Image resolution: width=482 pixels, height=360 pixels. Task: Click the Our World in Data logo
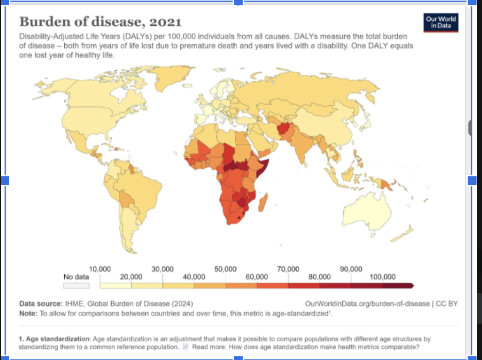pyautogui.click(x=441, y=23)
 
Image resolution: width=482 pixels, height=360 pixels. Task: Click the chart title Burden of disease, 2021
pyautogui.click(x=100, y=21)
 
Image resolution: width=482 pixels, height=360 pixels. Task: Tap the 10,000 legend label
pyautogui.click(x=100, y=269)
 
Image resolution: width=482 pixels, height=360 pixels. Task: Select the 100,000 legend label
pyautogui.click(x=383, y=277)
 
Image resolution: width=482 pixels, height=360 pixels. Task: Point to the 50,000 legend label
pyautogui.click(x=226, y=269)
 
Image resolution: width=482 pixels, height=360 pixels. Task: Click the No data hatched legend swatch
pyautogui.click(x=76, y=285)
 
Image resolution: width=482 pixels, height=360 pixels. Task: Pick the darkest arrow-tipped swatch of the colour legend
pyautogui.click(x=398, y=285)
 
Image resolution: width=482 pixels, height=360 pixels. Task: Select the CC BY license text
pyautogui.click(x=447, y=304)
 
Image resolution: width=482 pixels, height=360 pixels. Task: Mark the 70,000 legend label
pyautogui.click(x=288, y=269)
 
